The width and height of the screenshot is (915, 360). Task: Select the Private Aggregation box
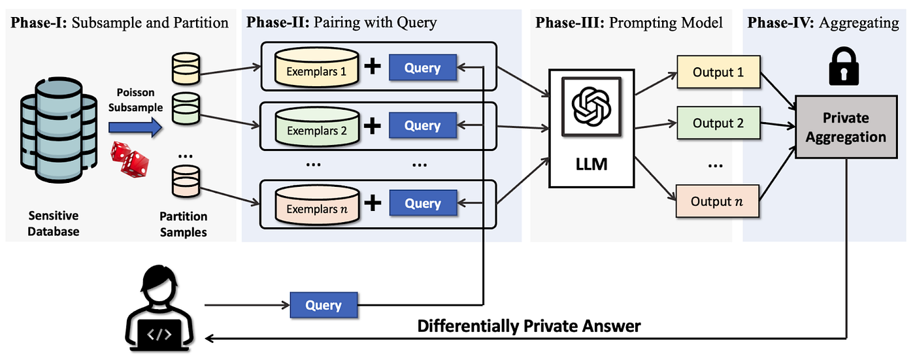846,127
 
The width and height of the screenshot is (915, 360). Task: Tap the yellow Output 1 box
718,73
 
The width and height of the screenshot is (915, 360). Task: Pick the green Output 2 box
718,123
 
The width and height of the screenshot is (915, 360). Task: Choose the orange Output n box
718,201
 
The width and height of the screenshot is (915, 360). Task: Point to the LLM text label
591,163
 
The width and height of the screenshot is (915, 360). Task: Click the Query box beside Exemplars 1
423,67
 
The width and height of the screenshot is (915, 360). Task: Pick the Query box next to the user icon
324,305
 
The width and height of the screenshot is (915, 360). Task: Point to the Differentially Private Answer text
529,325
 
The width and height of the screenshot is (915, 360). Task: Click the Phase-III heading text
629,23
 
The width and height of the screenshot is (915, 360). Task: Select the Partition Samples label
184,224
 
